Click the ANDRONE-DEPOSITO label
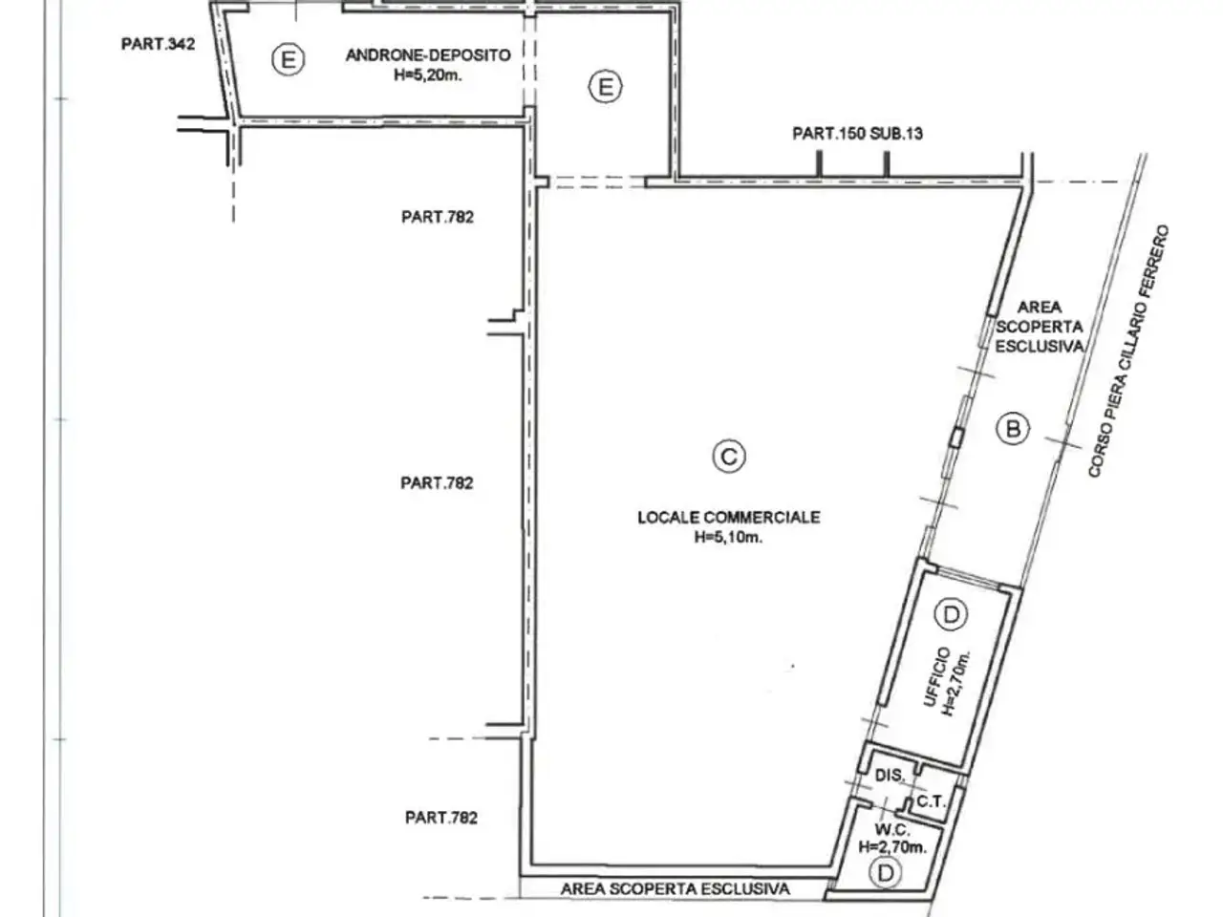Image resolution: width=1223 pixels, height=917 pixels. coord(428,55)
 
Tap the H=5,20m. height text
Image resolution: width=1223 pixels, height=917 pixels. coord(428,75)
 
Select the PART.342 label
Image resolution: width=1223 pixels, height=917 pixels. coord(159,44)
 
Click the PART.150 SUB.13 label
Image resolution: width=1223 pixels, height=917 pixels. coord(857,134)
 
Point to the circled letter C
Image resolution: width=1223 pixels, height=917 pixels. coord(729,457)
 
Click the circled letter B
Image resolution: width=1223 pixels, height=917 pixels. coord(1013,428)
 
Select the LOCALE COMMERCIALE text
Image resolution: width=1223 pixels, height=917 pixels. coord(729,517)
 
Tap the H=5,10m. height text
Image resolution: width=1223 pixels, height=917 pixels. coord(728,537)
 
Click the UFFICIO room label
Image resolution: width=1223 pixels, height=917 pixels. coord(935,677)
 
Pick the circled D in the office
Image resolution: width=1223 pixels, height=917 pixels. coord(951,614)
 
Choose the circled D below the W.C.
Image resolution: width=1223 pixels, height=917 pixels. coord(886,873)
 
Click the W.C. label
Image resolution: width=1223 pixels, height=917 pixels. coord(892,829)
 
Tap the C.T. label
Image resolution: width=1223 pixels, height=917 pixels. coord(931,801)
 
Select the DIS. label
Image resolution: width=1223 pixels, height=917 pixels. coord(890,775)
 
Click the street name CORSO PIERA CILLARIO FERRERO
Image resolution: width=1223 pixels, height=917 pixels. coord(1128,351)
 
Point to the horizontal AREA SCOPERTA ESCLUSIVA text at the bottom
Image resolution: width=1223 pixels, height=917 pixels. coord(676,888)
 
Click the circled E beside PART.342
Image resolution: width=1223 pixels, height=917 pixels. coord(288,59)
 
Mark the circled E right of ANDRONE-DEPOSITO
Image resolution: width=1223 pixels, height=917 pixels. coord(605,87)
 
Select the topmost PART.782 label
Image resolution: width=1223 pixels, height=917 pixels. coord(438,217)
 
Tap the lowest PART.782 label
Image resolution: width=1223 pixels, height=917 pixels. coord(441,818)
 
